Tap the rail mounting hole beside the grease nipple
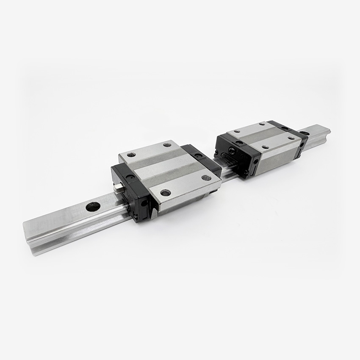coord(93,207)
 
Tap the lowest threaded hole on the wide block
coord(166,193)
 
